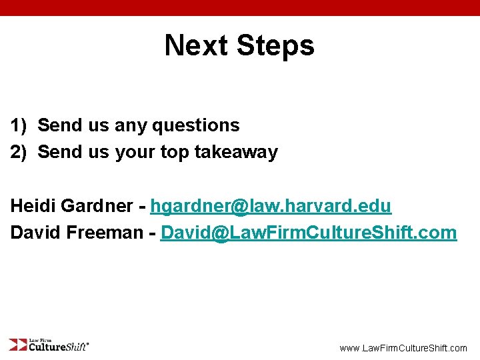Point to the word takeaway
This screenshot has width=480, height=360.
coord(236,152)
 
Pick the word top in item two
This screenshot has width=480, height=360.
coord(175,153)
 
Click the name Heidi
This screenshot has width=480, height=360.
coord(32,206)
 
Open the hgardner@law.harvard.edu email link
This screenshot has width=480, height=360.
coord(271,206)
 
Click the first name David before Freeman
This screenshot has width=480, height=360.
coord(34,233)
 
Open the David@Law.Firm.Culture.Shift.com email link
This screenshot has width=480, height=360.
coord(309,233)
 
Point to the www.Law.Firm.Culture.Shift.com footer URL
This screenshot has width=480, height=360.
coord(403,348)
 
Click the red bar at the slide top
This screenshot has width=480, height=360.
coord(240,7)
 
